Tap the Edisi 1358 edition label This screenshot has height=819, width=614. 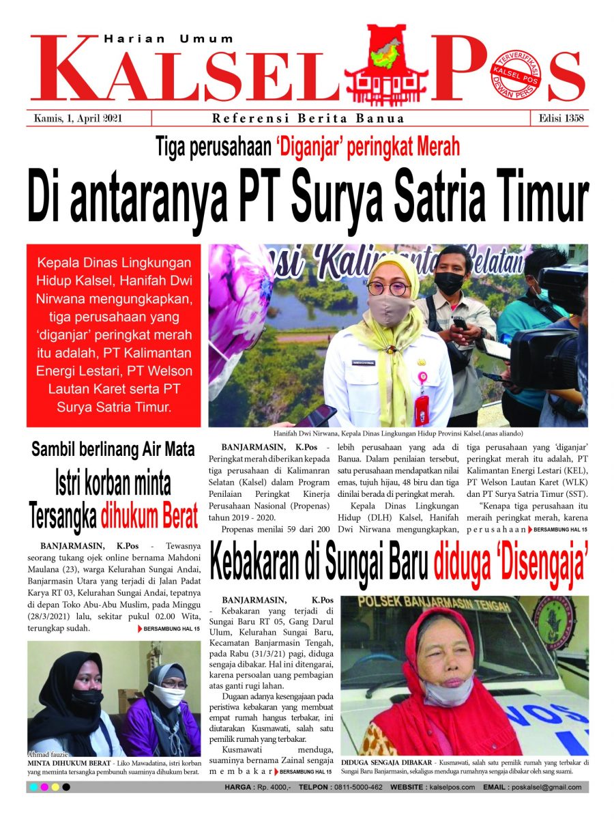tap(558, 118)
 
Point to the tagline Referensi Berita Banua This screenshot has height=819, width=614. tap(308, 118)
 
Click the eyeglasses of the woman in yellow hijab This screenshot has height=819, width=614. tap(388, 288)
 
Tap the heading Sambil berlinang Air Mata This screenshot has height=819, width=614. tap(113, 450)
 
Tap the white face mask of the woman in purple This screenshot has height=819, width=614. tap(168, 695)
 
